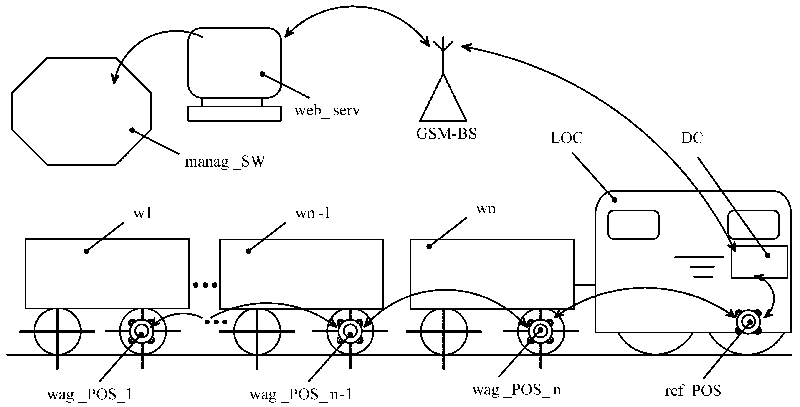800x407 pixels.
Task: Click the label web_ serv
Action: click(327, 111)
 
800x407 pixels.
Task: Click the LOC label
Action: click(567, 138)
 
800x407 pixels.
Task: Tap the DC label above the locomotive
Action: click(692, 138)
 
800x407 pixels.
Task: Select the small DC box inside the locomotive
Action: click(759, 262)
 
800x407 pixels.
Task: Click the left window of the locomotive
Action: click(633, 225)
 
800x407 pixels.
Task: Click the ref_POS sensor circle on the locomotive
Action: click(748, 322)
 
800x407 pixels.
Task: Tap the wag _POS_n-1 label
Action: click(301, 394)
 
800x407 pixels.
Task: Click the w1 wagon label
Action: click(142, 214)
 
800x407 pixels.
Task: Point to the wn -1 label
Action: click(313, 214)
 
